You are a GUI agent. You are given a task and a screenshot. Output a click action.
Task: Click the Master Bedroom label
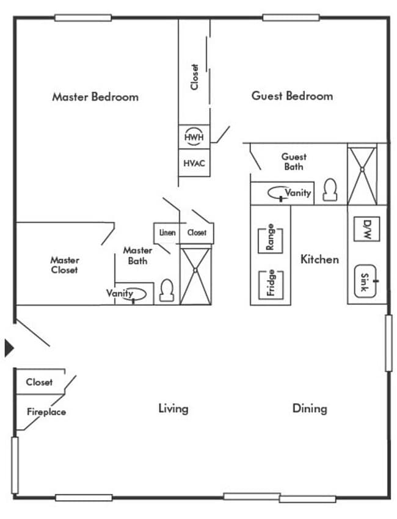pyautogui.click(x=95, y=96)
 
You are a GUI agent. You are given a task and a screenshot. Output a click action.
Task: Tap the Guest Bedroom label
pyautogui.click(x=292, y=96)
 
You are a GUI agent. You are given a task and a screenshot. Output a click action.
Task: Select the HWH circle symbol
pyautogui.click(x=194, y=137)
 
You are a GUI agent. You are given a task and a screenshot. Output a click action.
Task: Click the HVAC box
pyautogui.click(x=194, y=163)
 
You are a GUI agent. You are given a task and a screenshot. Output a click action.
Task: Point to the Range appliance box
pyautogui.click(x=270, y=238)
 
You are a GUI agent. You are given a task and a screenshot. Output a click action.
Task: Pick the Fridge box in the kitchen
pyautogui.click(x=270, y=283)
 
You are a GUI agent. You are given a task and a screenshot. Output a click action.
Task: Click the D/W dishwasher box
pyautogui.click(x=366, y=229)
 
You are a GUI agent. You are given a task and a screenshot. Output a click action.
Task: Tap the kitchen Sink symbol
pyautogui.click(x=366, y=283)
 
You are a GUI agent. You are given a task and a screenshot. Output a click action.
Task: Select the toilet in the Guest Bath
pyautogui.click(x=330, y=190)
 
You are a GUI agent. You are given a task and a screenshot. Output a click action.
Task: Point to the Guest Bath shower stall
pyautogui.click(x=362, y=174)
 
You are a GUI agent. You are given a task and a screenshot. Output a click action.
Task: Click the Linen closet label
pyautogui.click(x=167, y=233)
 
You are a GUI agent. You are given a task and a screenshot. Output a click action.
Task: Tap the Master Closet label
pyautogui.click(x=64, y=264)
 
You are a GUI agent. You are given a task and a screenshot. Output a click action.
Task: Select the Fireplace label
pyautogui.click(x=46, y=412)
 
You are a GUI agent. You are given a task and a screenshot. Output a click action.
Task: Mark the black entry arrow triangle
pyautogui.click(x=9, y=348)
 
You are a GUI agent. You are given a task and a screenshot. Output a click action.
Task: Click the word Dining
pyautogui.click(x=309, y=408)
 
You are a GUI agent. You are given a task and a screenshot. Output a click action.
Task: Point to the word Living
pyautogui.click(x=173, y=408)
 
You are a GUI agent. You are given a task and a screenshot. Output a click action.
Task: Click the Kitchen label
pyautogui.click(x=319, y=259)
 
